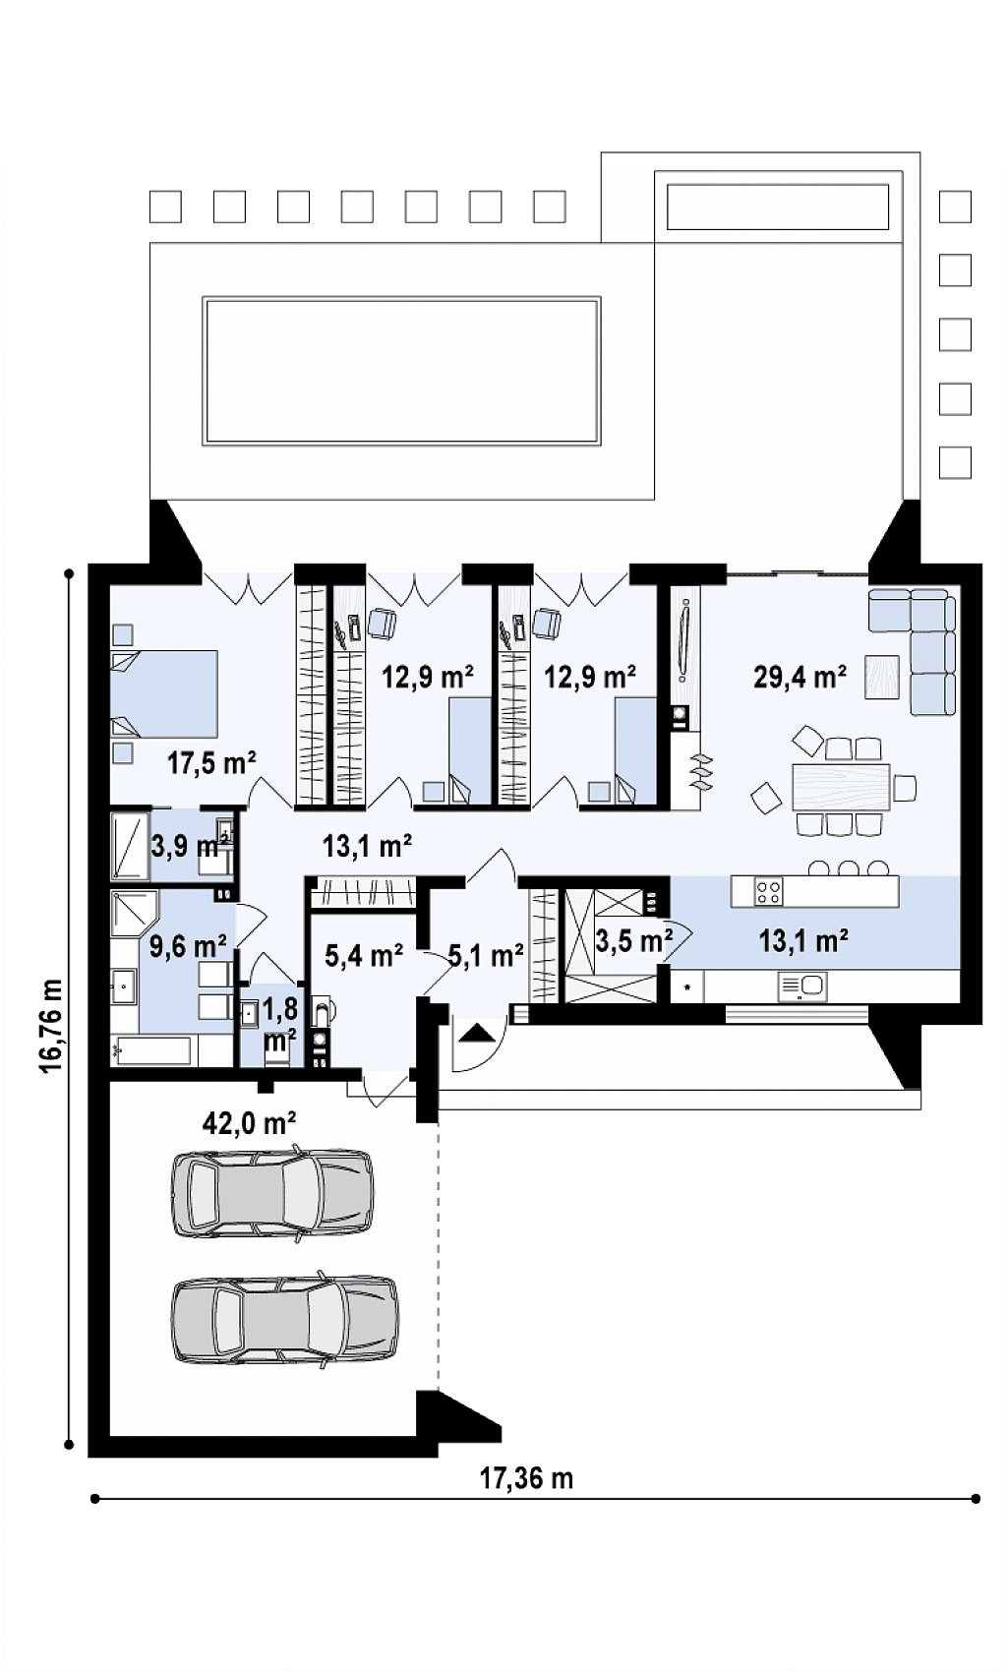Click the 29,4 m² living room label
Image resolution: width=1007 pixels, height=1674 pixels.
click(800, 677)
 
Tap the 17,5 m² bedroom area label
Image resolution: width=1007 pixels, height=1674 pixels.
click(211, 763)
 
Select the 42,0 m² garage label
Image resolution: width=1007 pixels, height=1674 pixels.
click(249, 1121)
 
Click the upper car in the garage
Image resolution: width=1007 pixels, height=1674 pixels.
click(272, 1193)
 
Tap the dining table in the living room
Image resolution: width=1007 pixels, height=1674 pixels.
click(841, 786)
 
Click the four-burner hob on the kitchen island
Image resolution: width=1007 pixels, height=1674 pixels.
click(769, 891)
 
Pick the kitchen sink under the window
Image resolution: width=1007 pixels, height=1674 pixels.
click(802, 986)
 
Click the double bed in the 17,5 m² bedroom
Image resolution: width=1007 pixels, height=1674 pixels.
click(164, 693)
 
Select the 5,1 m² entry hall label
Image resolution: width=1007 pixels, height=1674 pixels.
click(486, 954)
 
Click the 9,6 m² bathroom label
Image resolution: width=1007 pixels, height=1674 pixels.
click(188, 946)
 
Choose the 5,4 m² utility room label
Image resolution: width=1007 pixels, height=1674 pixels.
click(364, 954)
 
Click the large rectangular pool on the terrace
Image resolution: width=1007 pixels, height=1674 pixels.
click(402, 371)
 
